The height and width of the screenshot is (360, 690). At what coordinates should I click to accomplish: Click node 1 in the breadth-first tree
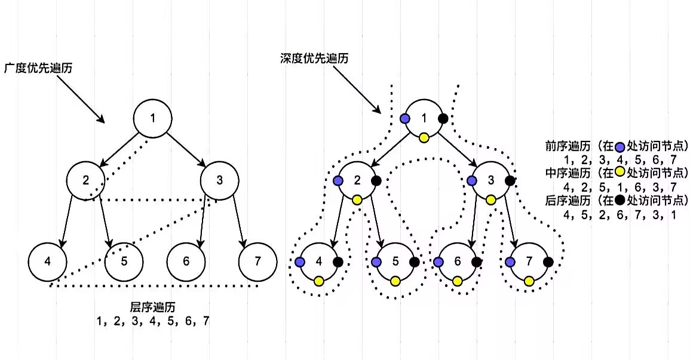[x=152, y=118]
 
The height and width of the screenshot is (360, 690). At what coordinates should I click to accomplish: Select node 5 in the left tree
[x=124, y=261]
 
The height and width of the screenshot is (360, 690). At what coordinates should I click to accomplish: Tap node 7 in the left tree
[x=257, y=261]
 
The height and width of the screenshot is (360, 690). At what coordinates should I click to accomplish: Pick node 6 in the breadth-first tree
[x=186, y=261]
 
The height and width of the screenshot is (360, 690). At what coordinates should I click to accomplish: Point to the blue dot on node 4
[x=300, y=262]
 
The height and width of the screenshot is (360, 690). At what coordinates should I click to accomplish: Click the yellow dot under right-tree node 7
[x=529, y=281]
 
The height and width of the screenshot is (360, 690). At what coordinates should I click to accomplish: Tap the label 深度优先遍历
[x=314, y=59]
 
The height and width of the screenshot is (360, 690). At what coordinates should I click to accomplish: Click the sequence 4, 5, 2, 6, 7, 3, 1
[x=620, y=214]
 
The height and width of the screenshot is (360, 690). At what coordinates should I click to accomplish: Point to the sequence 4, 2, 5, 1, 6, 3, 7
[x=620, y=187]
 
